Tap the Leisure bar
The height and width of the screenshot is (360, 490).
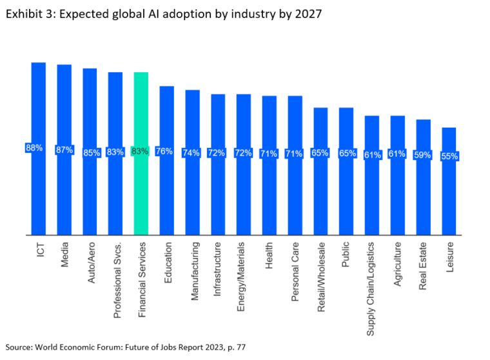coord(449,194)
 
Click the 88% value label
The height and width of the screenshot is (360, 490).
coord(34,148)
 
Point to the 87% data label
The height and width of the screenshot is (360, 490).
coord(64,150)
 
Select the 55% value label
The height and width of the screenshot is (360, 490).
coord(449,156)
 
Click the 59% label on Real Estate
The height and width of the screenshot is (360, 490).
coord(424,154)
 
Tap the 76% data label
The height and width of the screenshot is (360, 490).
coord(164,151)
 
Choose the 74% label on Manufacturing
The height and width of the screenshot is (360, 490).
coord(191,152)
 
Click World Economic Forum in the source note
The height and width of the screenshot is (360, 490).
coord(73,347)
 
